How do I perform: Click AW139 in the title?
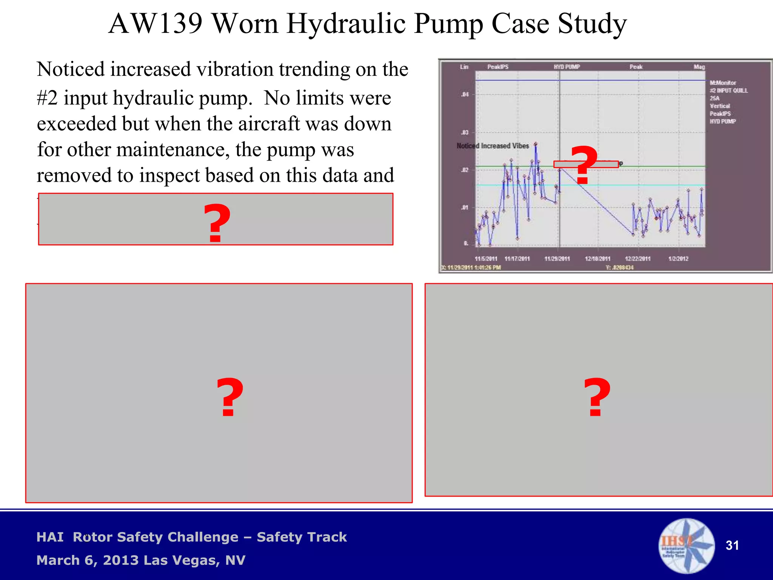(156, 23)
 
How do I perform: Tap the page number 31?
(732, 545)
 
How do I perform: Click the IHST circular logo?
(686, 546)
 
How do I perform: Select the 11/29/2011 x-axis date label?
(557, 259)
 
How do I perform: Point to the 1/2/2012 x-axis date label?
(678, 259)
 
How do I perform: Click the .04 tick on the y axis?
(465, 94)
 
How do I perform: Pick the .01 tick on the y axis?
(465, 207)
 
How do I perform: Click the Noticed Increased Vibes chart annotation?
(493, 146)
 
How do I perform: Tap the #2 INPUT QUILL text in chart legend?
(728, 91)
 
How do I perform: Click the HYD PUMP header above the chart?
(567, 67)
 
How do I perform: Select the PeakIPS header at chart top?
(497, 67)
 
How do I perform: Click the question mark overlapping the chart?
(584, 165)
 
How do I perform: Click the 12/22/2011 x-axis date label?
(638, 259)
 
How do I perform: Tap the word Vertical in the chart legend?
(720, 106)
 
